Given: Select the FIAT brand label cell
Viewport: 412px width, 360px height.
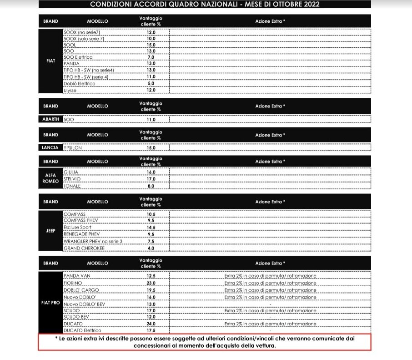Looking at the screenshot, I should tap(50, 61).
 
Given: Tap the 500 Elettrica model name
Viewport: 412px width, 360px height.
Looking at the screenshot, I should tap(79, 57).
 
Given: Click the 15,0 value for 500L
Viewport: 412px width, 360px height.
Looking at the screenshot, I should tap(151, 45).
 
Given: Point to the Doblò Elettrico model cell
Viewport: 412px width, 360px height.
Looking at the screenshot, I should tap(80, 84).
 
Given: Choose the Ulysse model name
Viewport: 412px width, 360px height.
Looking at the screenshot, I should tap(70, 91).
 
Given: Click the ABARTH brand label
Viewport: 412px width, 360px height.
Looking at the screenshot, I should tap(51, 119).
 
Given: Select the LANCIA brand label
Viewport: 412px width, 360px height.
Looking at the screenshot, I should tap(50, 148).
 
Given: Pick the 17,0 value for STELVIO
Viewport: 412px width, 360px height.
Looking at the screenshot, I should tap(151, 179).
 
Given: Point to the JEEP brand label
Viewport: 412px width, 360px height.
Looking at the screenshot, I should tap(50, 231).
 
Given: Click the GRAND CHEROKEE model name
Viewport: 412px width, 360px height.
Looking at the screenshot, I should tap(84, 248).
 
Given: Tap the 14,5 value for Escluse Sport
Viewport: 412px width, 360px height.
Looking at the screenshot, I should tap(151, 227).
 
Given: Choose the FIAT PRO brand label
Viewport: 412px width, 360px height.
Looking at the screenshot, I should tap(50, 303).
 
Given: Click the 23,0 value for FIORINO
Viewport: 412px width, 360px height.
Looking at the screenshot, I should tap(151, 283).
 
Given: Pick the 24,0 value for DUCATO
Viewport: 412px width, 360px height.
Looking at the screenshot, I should tap(151, 324).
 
